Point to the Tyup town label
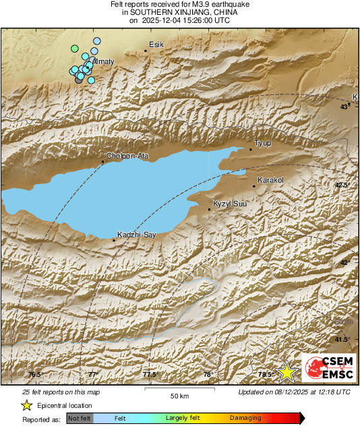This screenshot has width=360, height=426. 262,144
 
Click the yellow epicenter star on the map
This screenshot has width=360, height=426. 288,371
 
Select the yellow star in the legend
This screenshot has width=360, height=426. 27,405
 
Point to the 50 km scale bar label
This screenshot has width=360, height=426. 179,396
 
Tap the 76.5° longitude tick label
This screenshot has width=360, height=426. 34,375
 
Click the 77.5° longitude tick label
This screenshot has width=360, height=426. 150,375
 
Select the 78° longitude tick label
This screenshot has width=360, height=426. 208,375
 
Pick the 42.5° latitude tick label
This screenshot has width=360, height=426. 343,185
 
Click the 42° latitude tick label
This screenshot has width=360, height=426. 345,262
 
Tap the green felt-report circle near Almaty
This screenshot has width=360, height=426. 75,49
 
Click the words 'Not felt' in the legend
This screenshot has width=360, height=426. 80,419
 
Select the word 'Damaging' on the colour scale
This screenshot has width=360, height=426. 245,419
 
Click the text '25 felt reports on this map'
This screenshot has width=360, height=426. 61,392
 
